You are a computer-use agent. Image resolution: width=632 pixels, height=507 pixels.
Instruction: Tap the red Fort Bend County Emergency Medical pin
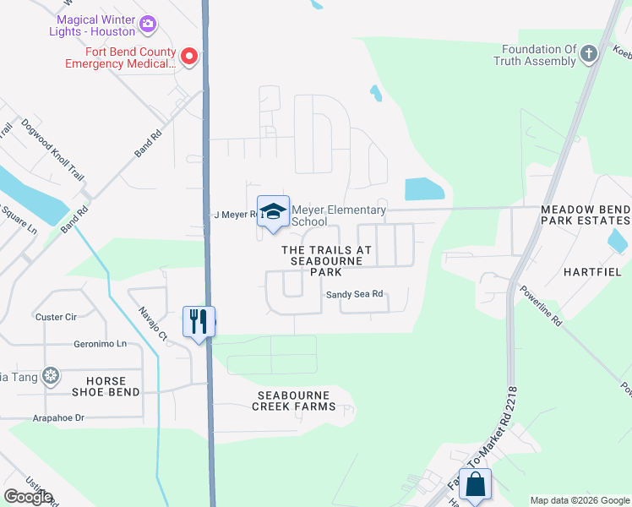coord(188,57)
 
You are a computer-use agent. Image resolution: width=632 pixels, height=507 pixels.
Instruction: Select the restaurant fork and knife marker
coord(199,321)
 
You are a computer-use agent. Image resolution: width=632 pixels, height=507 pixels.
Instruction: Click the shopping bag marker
coord(475,484)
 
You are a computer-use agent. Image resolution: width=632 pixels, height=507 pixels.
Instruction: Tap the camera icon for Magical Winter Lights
coord(148,24)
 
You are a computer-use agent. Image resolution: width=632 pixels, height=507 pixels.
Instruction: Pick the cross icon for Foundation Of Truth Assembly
coord(589,54)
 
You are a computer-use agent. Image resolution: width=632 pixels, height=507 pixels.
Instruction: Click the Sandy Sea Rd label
coord(355,294)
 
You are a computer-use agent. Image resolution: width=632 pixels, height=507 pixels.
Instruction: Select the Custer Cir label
coord(56,317)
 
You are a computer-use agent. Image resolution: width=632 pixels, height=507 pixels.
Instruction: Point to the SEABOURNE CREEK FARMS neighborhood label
coord(293,401)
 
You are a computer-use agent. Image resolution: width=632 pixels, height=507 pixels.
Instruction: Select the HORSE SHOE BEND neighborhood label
coord(106,387)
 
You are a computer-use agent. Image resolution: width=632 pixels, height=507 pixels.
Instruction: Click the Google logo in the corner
coord(28,497)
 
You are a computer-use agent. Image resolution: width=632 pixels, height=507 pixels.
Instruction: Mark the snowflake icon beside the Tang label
coord(52,374)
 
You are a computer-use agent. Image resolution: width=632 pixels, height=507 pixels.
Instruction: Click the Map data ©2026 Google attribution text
coord(579,500)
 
